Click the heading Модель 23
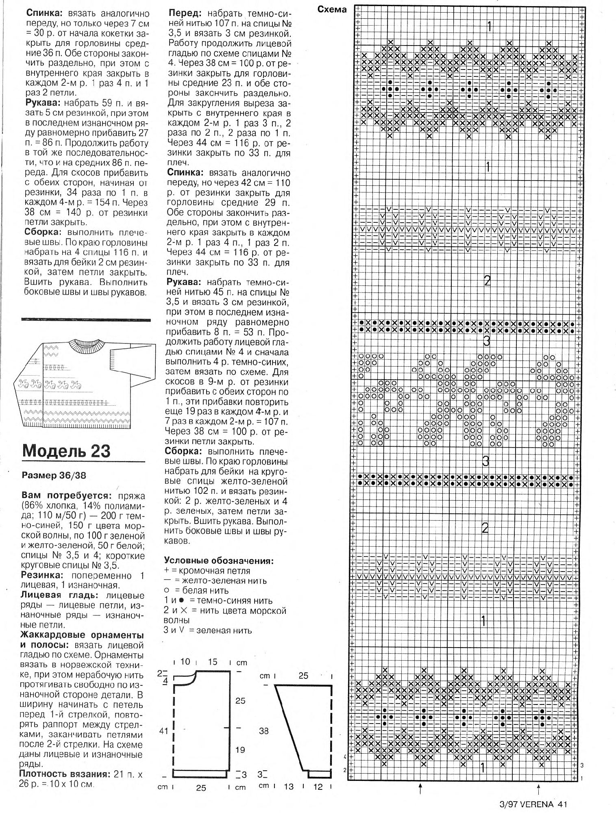(x=66, y=451)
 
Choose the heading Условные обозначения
(x=219, y=561)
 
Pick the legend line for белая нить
(x=197, y=591)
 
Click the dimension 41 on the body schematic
(x=163, y=731)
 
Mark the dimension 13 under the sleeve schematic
(x=289, y=787)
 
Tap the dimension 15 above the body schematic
(x=213, y=662)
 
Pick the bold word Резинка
(x=42, y=576)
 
